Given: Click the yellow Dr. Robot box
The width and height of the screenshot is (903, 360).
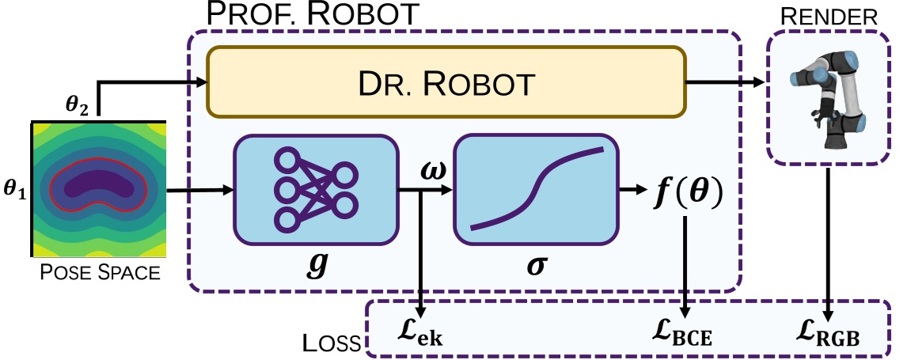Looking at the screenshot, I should click(x=446, y=82).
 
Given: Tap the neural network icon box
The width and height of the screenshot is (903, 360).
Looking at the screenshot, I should click(x=314, y=190).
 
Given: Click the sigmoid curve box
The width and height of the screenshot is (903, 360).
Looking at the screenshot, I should click(x=535, y=190).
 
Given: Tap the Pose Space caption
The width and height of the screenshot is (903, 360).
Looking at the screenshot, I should click(x=100, y=273).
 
